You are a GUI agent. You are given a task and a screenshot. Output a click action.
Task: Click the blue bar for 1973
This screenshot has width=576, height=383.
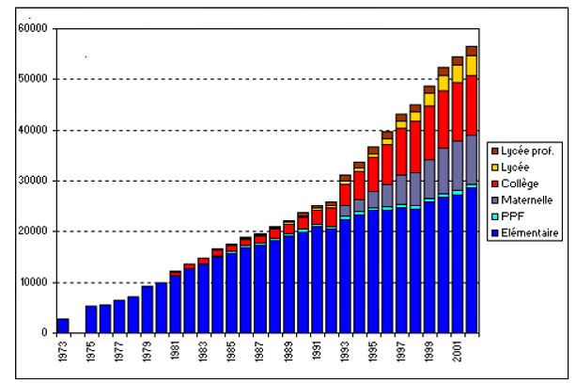pos(63,326)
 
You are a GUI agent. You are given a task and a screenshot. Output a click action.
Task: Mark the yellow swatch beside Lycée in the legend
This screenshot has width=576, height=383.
pos(495,167)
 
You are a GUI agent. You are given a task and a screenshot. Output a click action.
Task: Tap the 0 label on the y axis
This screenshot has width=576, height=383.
pos(43,333)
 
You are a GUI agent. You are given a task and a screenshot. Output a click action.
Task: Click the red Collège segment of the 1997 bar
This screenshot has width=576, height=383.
pos(401,151)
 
